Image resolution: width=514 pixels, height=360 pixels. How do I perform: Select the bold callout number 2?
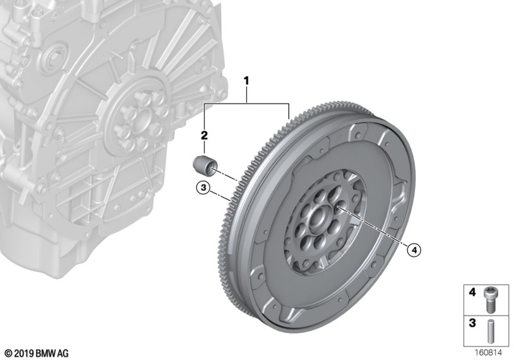[205, 135]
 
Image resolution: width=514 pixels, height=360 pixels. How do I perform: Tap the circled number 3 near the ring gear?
[202, 188]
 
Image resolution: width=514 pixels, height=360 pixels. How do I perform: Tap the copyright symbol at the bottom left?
[6, 353]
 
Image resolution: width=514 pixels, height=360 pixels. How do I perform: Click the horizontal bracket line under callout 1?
[247, 104]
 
